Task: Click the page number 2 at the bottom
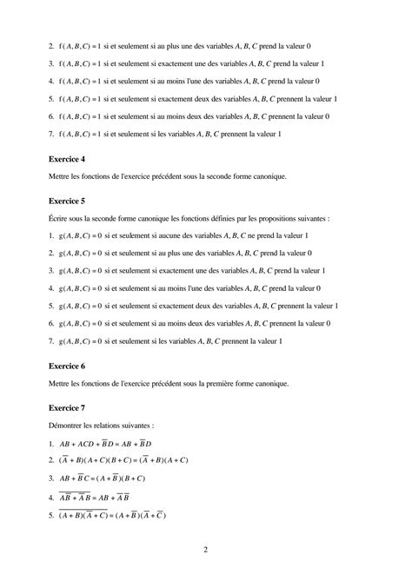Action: pyautogui.click(x=205, y=550)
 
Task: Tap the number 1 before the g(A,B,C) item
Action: pyautogui.click(x=51, y=236)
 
